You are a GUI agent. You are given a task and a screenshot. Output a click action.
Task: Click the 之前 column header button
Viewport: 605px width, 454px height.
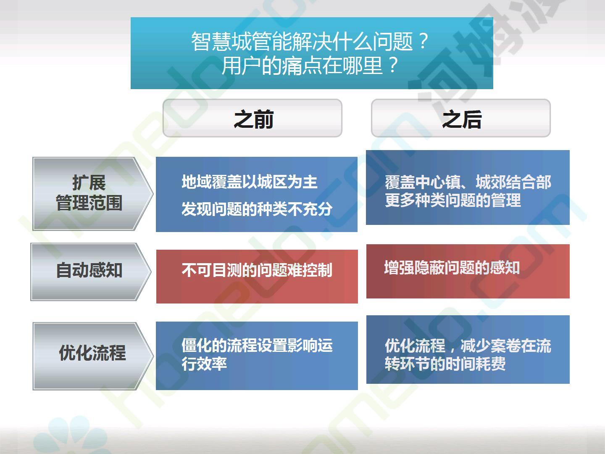tap(253, 118)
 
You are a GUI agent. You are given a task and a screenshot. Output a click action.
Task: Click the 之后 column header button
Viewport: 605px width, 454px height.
tap(461, 118)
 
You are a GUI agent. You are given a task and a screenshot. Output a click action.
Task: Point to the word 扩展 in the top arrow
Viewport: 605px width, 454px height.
tap(89, 183)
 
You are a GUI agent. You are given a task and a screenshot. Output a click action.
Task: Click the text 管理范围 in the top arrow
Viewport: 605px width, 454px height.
tap(89, 203)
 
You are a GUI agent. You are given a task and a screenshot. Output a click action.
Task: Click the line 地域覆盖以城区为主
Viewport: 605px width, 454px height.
tap(250, 182)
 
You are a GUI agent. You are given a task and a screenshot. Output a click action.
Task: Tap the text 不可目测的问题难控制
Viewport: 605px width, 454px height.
tap(257, 270)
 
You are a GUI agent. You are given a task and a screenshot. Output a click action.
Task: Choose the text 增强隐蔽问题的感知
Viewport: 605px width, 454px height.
tap(452, 267)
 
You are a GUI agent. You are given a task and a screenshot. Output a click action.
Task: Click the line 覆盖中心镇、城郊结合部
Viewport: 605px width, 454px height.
tap(468, 182)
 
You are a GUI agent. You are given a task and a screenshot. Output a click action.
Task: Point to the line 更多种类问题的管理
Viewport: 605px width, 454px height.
tap(453, 200)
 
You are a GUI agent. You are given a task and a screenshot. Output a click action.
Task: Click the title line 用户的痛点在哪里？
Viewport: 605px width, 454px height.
tap(310, 65)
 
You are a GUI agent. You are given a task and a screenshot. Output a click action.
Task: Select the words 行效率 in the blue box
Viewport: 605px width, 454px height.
tap(204, 364)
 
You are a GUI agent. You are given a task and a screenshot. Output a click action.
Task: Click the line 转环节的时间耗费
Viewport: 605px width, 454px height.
tap(445, 364)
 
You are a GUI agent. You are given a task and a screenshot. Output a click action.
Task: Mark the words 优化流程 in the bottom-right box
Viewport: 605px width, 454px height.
tap(415, 346)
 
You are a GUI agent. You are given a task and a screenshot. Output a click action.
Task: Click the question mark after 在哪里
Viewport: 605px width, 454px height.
tap(393, 65)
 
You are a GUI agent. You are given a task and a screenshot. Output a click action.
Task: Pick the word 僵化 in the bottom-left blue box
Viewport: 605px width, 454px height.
tap(197, 346)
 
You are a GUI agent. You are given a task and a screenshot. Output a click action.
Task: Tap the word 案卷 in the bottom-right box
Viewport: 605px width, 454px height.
tap(506, 346)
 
